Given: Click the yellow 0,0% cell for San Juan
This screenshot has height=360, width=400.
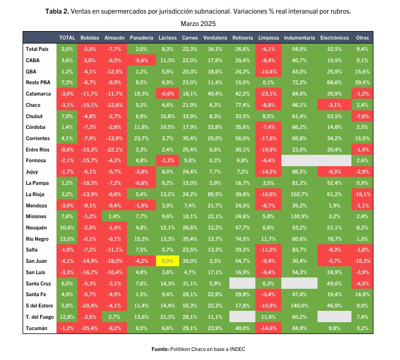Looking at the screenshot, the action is [167, 261].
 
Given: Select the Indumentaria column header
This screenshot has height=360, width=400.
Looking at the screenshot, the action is [299, 38].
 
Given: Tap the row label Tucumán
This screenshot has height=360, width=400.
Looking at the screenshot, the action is [37, 328].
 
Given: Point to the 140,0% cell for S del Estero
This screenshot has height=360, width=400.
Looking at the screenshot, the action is [299, 306].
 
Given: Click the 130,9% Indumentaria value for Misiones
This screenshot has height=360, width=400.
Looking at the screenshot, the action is [299, 216].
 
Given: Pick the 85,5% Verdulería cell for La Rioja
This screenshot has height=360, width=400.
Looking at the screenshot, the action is [215, 194].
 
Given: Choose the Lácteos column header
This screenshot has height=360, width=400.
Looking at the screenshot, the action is [168, 38].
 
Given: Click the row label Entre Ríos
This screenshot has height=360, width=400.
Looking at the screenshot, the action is [37, 150].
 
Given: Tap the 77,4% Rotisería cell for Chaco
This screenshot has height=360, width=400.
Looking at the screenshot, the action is [242, 105].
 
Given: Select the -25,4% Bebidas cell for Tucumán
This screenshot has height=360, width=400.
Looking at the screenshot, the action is [89, 328].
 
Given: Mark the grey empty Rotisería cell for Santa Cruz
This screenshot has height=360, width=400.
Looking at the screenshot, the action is [242, 283].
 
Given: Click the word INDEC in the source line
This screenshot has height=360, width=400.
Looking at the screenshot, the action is [237, 349].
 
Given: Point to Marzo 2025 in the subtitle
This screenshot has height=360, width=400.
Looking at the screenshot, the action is [198, 24].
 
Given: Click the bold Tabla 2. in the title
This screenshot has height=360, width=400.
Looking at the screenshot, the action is [57, 11].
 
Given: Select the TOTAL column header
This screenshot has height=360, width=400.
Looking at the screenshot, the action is [67, 38].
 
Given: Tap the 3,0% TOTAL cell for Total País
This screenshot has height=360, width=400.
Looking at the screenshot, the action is [67, 49].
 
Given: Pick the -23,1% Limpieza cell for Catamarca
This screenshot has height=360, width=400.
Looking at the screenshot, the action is [268, 94].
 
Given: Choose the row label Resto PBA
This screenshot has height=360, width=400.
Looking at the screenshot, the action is [38, 83].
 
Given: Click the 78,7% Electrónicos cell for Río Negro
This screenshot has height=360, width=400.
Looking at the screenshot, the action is [334, 239].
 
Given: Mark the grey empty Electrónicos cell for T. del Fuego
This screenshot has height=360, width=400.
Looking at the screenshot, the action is [334, 316].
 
